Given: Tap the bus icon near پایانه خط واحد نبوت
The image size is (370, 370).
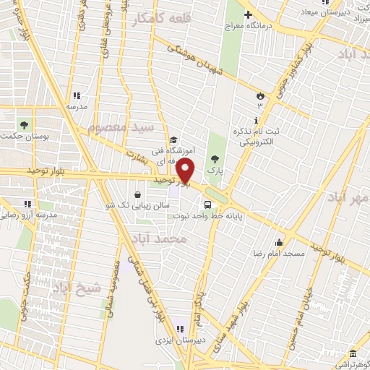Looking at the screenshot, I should click(207, 205).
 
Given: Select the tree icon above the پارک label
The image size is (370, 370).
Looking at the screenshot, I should click(213, 158).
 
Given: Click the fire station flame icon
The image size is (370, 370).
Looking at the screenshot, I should click(259, 95).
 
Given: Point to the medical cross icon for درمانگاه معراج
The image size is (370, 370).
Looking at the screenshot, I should click(247, 14).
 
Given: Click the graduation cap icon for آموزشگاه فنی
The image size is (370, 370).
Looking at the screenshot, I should click(173, 140).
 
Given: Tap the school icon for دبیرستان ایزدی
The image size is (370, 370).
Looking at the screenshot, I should click(178, 330).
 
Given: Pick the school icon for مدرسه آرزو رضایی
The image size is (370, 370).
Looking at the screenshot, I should click(27, 205).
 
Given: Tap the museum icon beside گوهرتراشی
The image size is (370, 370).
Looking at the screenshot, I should click(352, 353).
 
